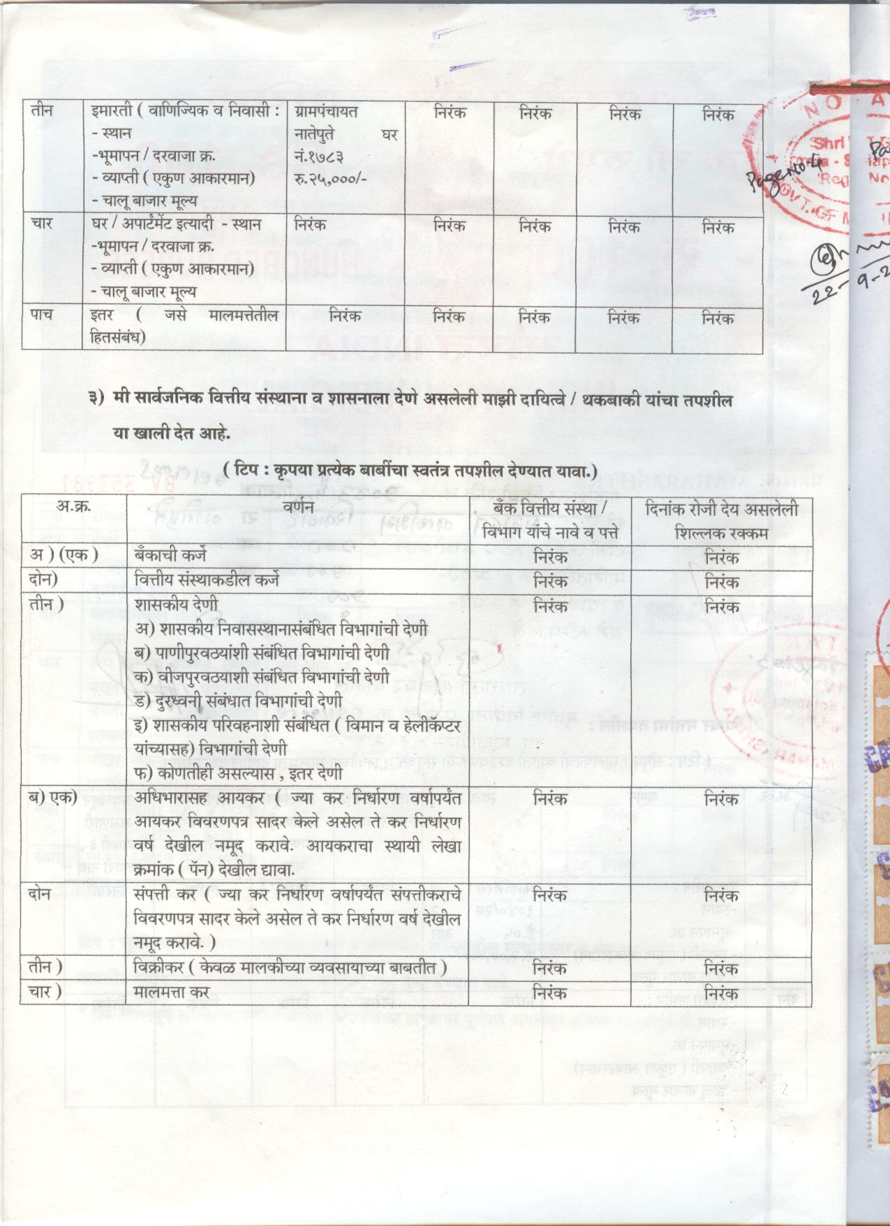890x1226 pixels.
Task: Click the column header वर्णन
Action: [298, 509]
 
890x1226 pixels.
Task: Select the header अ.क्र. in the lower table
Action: [73, 509]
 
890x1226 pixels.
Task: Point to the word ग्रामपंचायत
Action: [327, 112]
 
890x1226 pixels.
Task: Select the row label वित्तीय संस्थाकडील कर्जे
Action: [207, 580]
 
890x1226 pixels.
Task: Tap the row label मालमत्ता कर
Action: [171, 991]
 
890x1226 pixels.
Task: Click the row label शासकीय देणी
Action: [176, 604]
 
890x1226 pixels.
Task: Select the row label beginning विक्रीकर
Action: [290, 968]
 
